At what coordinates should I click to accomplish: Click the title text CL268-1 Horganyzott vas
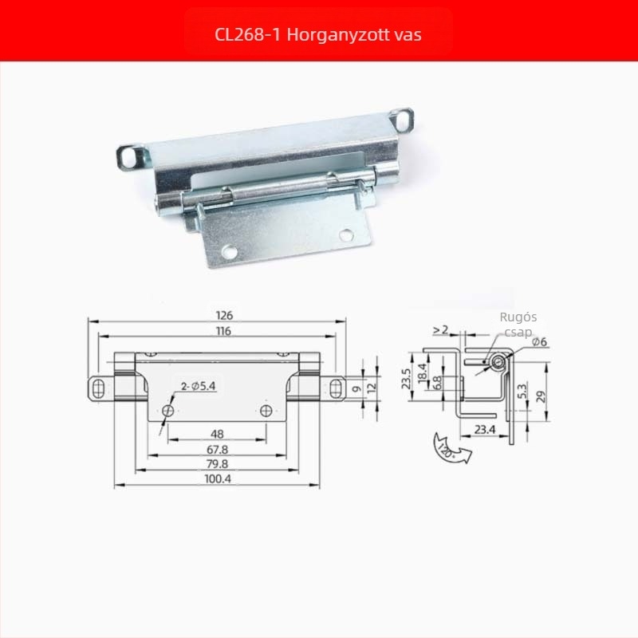317,34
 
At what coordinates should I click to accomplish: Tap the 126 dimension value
224,315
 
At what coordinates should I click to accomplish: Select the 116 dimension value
223,331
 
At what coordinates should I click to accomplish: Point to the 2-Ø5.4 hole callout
198,386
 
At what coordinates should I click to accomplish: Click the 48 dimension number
217,434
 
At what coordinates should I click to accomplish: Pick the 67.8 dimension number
217,450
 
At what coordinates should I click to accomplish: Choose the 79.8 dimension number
217,464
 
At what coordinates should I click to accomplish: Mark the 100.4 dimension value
217,478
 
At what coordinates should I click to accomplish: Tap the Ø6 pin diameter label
539,342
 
